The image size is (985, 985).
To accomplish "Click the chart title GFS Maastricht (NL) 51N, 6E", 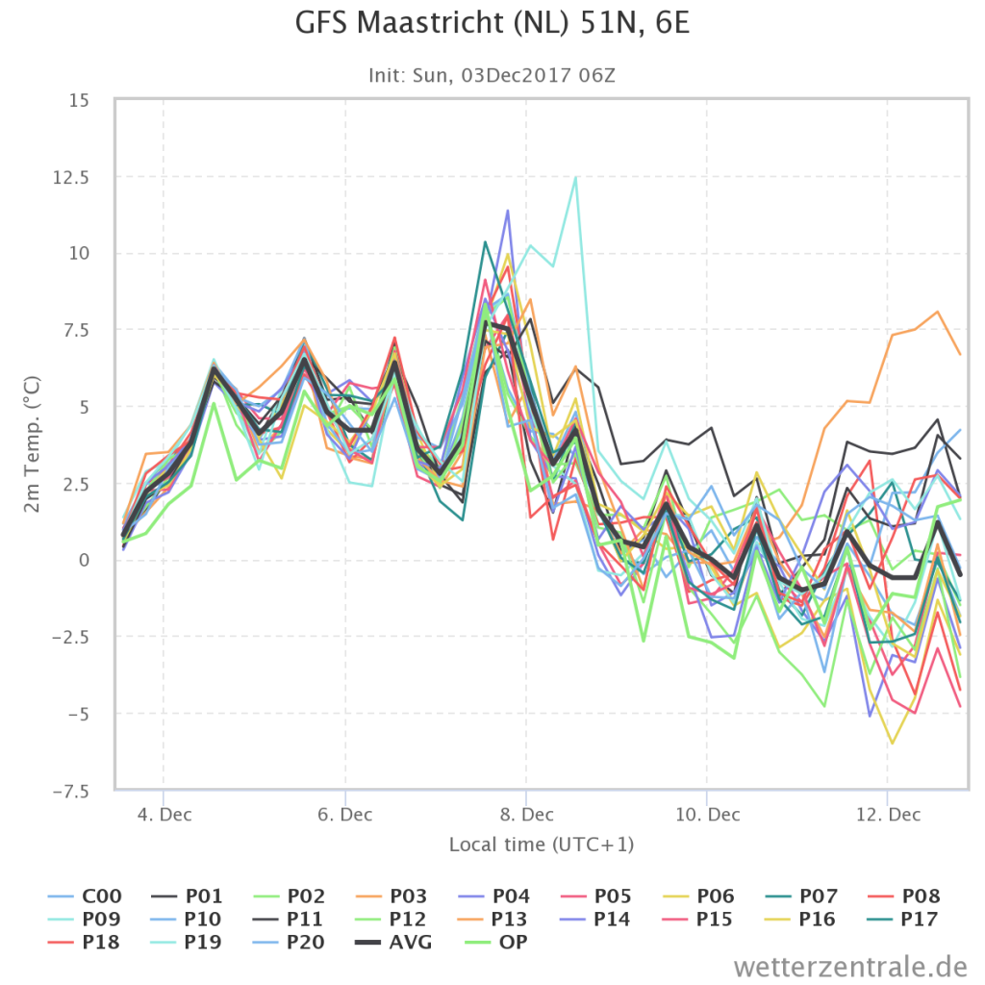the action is coord(492,23).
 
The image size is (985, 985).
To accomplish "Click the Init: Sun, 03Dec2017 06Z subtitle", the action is coord(492,75).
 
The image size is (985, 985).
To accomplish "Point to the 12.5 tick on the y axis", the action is coord(71,178).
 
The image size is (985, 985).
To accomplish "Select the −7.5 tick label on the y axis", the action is coord(71,792).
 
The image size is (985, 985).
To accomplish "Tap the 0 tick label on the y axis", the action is coord(84,561).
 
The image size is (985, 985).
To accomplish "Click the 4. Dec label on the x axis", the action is coord(164,815).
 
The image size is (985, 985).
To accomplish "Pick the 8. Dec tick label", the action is coord(526,815).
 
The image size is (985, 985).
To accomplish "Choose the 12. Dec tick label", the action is coord(888,815).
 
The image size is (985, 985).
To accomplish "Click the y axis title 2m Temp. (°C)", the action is coord(32,444).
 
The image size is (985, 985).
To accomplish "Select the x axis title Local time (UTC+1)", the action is coord(542,845).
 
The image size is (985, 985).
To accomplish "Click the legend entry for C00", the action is coord(85,896).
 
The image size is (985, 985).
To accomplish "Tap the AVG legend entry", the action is coord(393,943).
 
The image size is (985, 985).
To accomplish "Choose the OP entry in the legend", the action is coord(496,943).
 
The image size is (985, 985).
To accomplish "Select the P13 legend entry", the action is coord(494,919).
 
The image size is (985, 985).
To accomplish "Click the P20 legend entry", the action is coord(289,943).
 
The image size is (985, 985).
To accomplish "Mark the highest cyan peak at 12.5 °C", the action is coord(575,178).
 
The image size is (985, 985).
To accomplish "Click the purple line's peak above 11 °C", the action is coord(508,211).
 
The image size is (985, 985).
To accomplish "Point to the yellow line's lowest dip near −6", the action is coord(892,744).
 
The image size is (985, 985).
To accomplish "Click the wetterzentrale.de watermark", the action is coord(850,966).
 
